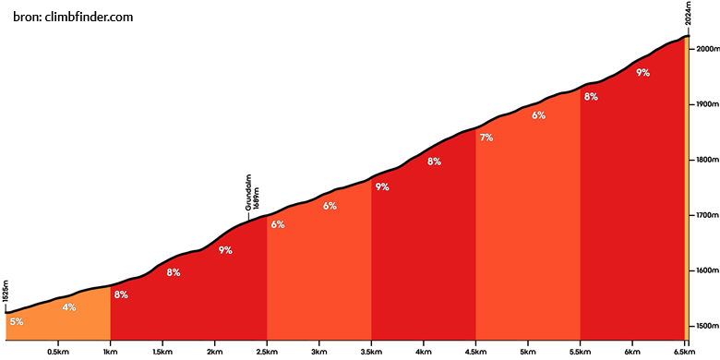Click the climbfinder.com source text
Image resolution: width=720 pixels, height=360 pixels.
point(90,18)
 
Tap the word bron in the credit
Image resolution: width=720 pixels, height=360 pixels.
point(27,18)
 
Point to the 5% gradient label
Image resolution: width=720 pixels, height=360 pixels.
point(17,322)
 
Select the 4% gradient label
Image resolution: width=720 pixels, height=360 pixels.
point(69,307)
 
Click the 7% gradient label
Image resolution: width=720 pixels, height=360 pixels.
point(486,138)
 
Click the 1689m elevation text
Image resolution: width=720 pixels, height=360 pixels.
point(257,198)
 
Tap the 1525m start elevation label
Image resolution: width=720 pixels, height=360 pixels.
point(6,292)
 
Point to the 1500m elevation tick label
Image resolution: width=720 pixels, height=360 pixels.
point(706,326)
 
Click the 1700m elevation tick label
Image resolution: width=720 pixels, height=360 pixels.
point(706,215)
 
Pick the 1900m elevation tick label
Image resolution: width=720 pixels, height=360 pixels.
point(706,104)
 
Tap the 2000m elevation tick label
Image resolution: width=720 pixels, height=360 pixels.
point(706,49)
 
